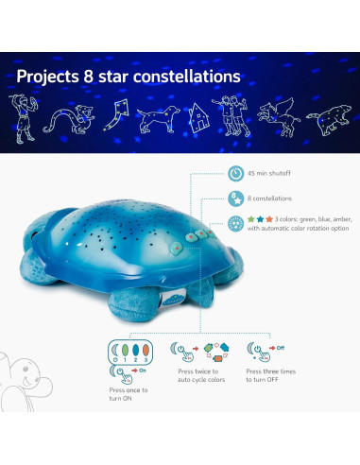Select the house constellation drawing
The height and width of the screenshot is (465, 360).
[198, 117]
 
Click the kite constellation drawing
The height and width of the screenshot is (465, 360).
[114, 118]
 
